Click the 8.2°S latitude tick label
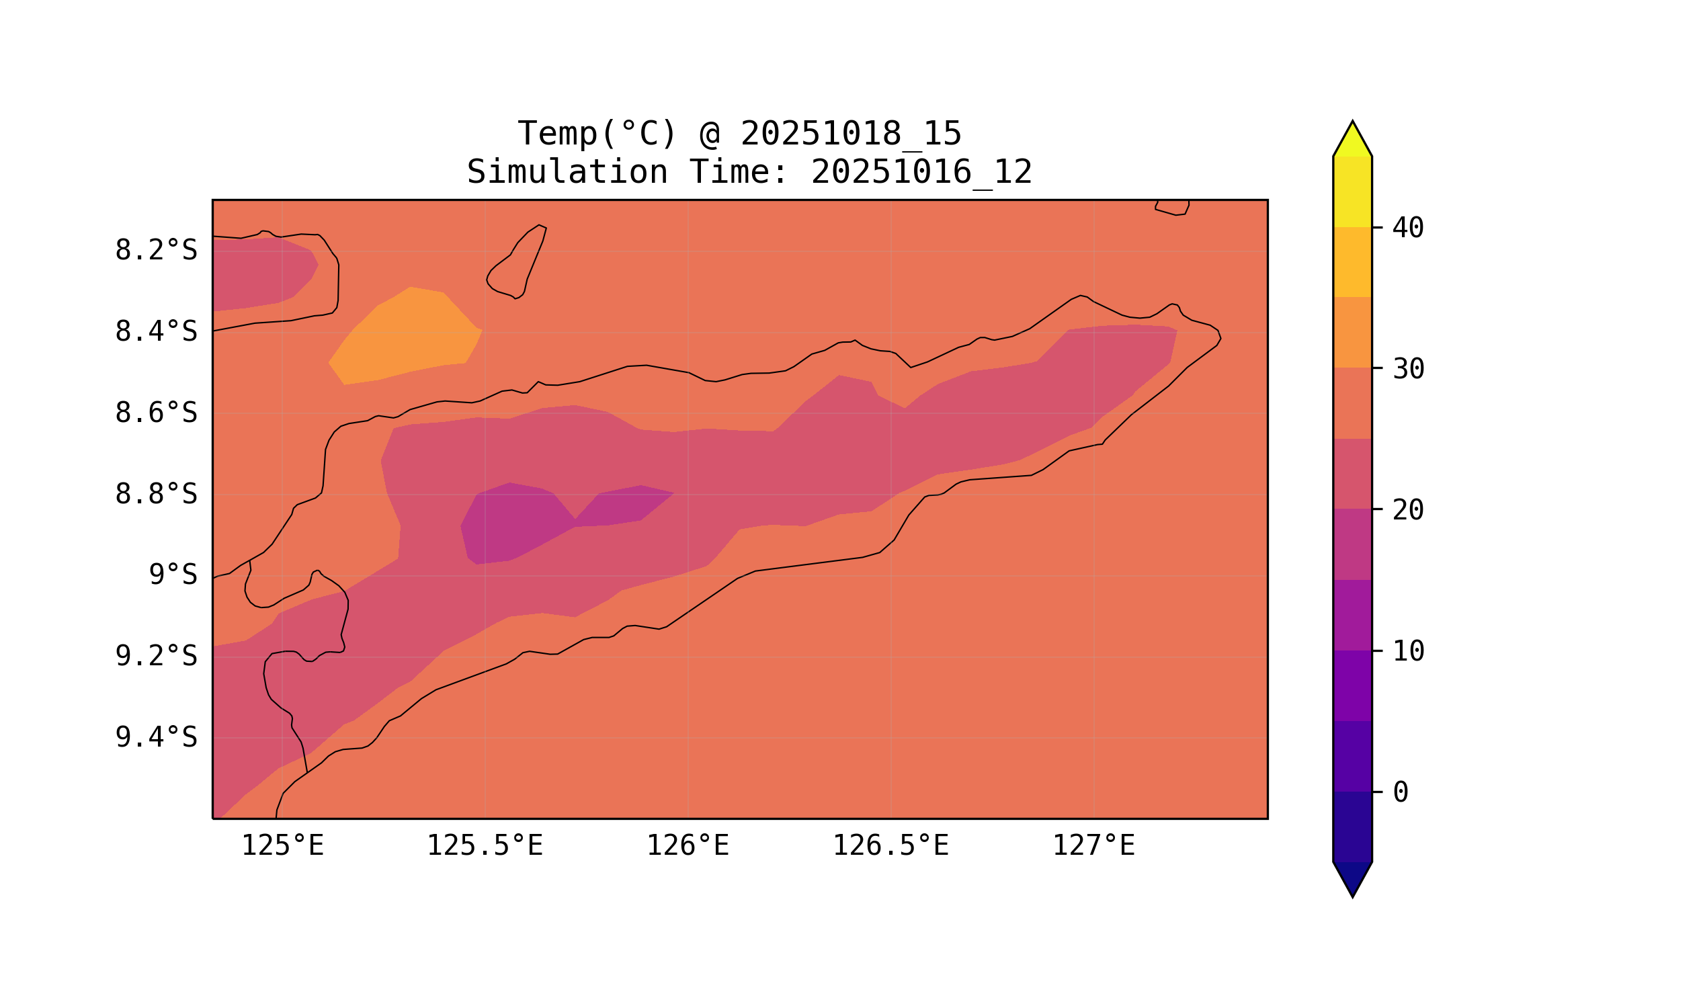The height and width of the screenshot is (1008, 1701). [155, 251]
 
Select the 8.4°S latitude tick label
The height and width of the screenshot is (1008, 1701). [155, 332]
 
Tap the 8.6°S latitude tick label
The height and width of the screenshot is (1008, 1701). [155, 413]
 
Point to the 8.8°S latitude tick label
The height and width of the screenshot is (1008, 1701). [155, 495]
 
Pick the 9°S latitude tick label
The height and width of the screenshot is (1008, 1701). [173, 575]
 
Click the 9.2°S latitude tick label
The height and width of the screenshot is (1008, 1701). [155, 656]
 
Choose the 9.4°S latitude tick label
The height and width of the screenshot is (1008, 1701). [155, 737]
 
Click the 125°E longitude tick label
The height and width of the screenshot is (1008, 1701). [282, 846]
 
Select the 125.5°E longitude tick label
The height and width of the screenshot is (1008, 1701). [485, 846]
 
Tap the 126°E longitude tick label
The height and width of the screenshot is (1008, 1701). [688, 846]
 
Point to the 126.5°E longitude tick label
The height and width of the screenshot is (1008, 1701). [890, 846]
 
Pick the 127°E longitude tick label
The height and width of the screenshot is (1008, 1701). [1093, 846]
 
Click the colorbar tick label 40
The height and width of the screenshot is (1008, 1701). [1407, 228]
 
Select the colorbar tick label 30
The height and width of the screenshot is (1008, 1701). [1407, 370]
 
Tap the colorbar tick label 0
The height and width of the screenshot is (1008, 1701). [1400, 793]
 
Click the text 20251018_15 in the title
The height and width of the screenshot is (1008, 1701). [851, 134]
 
